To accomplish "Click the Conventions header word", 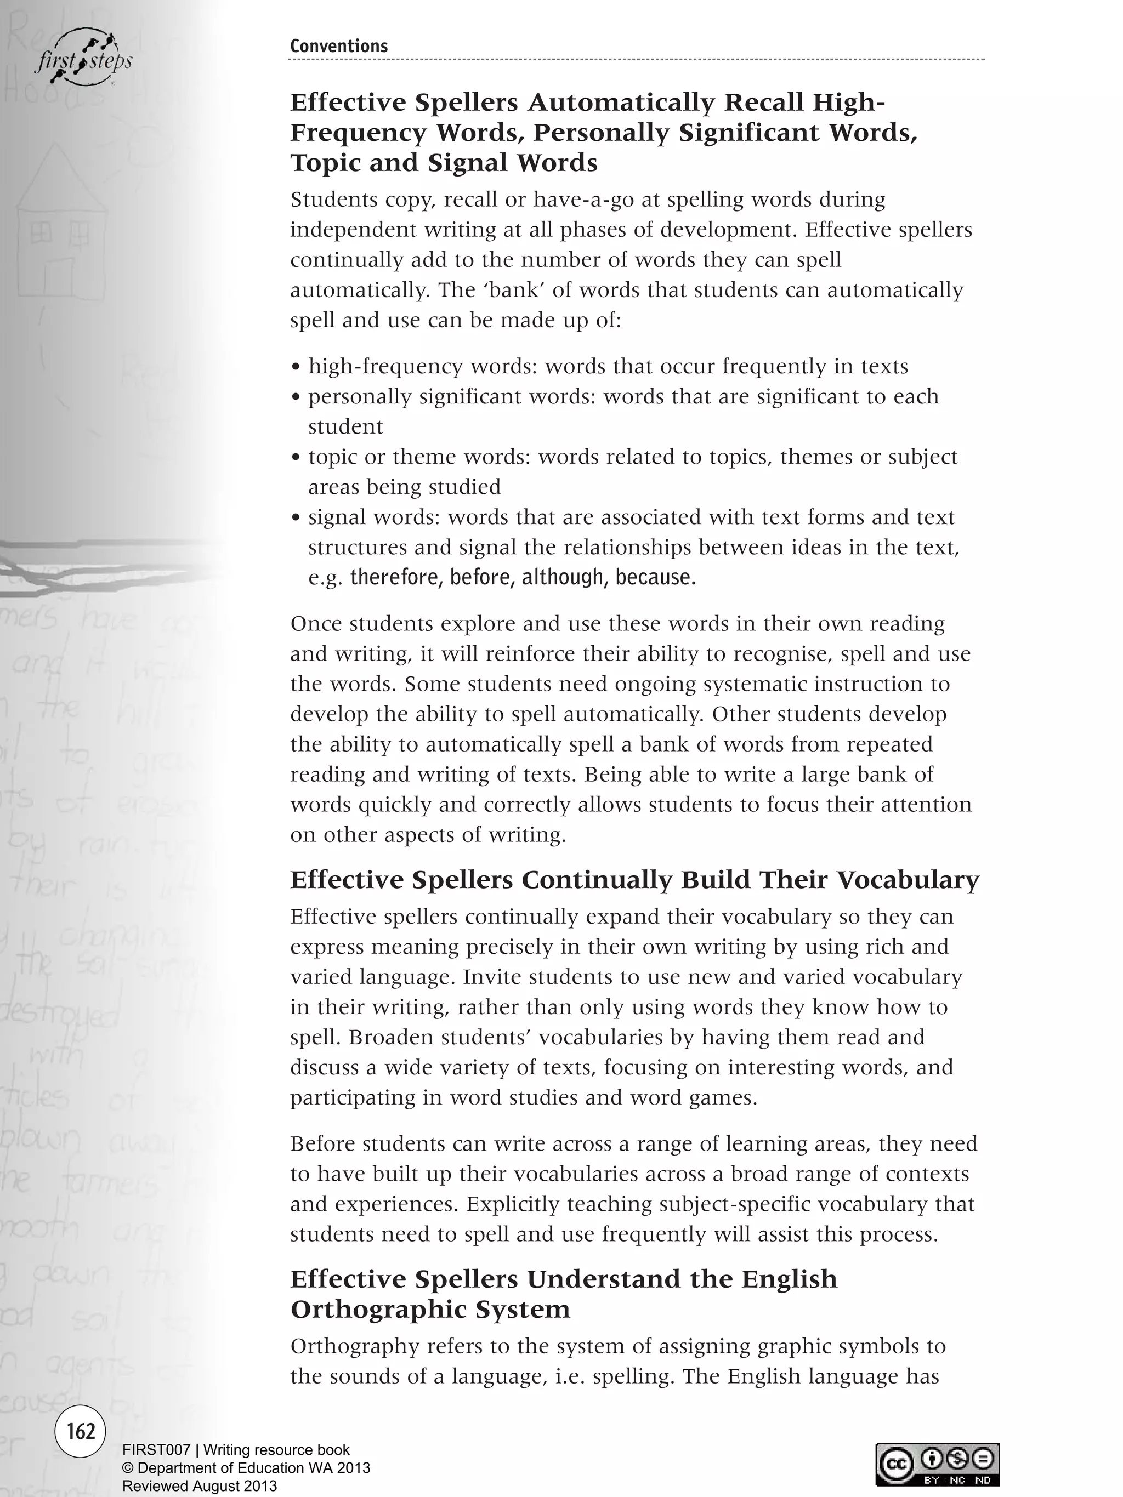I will (x=338, y=46).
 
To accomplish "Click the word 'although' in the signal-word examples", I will (x=563, y=577).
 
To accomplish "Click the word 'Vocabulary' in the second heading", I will (x=907, y=880).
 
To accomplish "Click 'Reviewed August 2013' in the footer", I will (x=199, y=1486).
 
